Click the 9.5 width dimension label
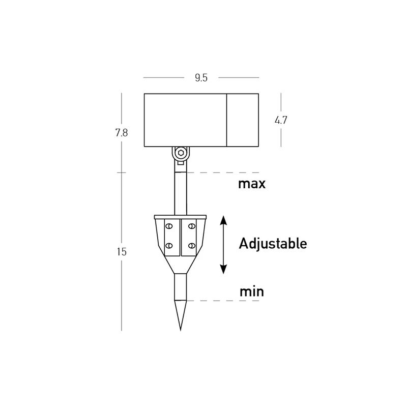(x=201, y=78)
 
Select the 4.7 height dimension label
(x=281, y=120)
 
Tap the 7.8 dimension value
(x=122, y=133)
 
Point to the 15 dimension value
(x=122, y=252)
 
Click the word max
(x=252, y=184)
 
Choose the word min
(x=251, y=292)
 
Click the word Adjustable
(x=273, y=244)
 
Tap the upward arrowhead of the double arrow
(x=223, y=220)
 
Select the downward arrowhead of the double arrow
(x=223, y=269)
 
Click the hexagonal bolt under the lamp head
(x=181, y=153)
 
